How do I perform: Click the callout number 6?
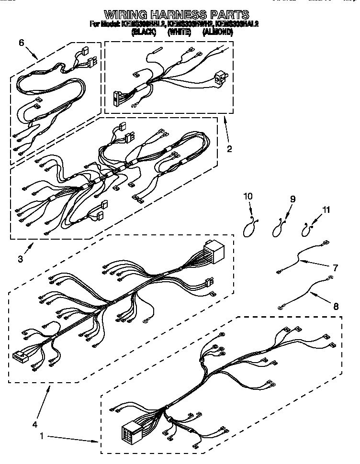point(21,43)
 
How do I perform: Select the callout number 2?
point(229,149)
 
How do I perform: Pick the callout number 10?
point(247,196)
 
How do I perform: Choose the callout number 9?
point(292,199)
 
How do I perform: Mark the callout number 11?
point(326,209)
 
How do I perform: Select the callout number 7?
point(335,267)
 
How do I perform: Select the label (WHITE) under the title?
point(179,32)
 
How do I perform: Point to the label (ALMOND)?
point(217,32)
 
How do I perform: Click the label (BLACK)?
point(143,32)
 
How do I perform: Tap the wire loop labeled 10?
point(248,230)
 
